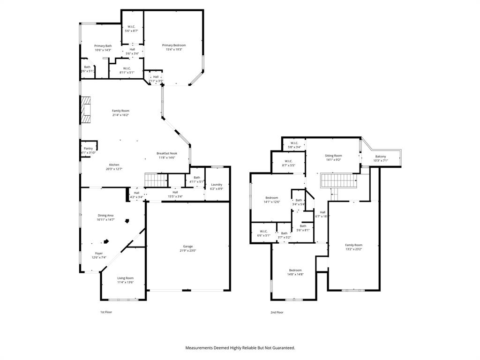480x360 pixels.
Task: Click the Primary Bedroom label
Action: [x=174, y=45]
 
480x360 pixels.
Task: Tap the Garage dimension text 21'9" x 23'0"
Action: [x=187, y=251]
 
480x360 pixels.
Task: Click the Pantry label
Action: [x=88, y=148]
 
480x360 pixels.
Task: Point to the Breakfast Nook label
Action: [x=166, y=153]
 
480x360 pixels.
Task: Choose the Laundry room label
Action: [x=217, y=184]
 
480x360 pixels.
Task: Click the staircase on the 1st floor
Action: [x=156, y=180]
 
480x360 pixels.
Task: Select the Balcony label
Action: [x=381, y=157]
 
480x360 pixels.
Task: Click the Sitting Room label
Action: [x=334, y=156]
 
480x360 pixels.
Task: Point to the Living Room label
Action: [x=125, y=278]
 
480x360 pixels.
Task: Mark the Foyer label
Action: [x=99, y=253]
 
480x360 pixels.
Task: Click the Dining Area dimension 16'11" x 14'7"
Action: [x=105, y=219]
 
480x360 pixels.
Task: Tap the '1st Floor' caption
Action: [x=106, y=312]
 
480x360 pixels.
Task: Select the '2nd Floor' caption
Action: [x=277, y=312]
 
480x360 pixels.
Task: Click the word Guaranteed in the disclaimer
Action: [x=281, y=348]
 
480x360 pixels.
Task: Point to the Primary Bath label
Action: [x=103, y=46]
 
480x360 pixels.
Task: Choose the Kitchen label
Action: [x=114, y=165]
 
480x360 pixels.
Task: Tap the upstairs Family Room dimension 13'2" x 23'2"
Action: [x=354, y=249]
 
